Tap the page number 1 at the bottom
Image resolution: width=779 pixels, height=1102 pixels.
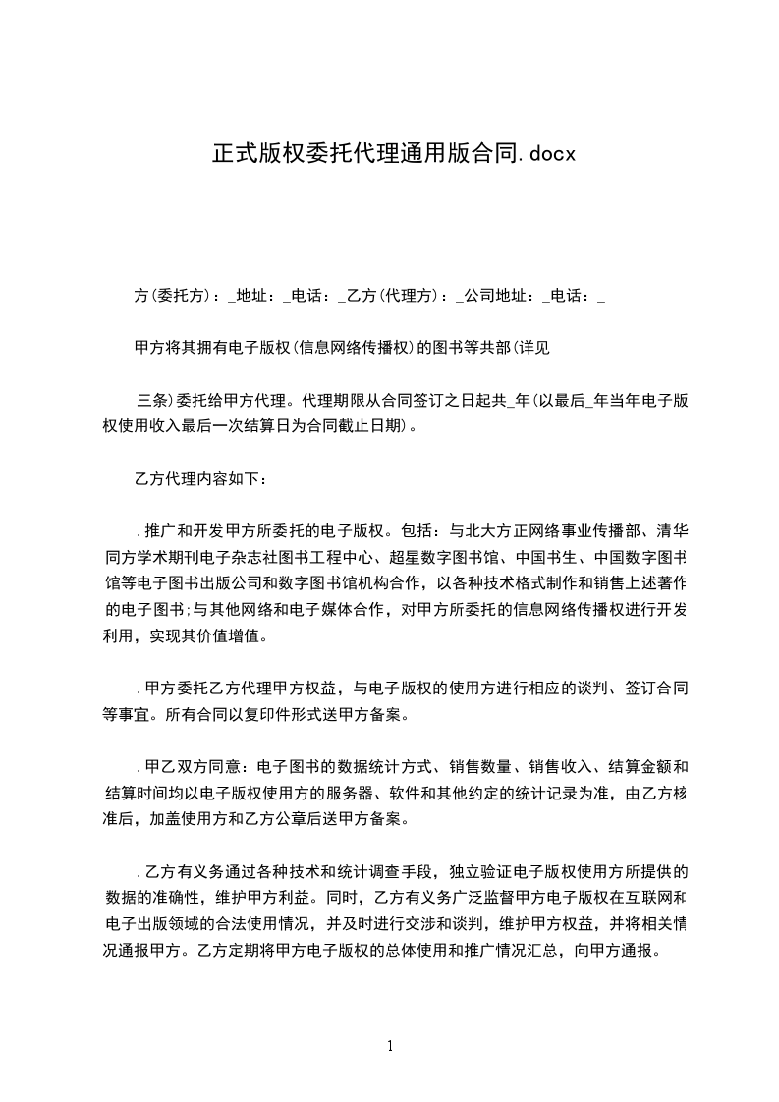click(x=390, y=1046)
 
